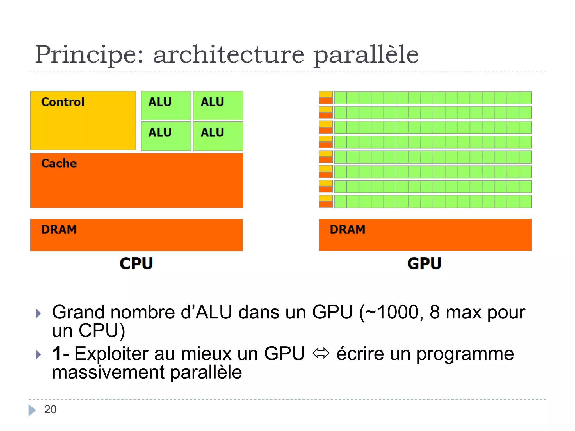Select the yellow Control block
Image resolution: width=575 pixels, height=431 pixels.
(83, 120)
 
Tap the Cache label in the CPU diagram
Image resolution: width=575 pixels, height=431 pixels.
(59, 163)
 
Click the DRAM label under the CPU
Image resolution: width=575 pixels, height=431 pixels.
(59, 230)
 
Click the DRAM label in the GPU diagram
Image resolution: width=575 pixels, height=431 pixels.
(348, 230)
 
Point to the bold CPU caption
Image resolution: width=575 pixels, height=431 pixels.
(136, 263)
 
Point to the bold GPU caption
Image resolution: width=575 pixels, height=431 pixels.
(425, 263)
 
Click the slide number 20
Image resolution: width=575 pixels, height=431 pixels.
(50, 410)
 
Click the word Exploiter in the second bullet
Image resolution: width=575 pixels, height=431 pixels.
(111, 354)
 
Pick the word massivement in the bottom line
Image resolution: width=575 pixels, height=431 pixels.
(108, 373)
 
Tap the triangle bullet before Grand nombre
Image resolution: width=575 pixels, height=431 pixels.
(38, 313)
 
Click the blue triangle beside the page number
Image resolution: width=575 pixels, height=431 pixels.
(32, 410)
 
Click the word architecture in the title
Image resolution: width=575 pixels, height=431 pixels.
(229, 55)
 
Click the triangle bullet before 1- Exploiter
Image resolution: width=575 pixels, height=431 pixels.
(38, 355)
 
